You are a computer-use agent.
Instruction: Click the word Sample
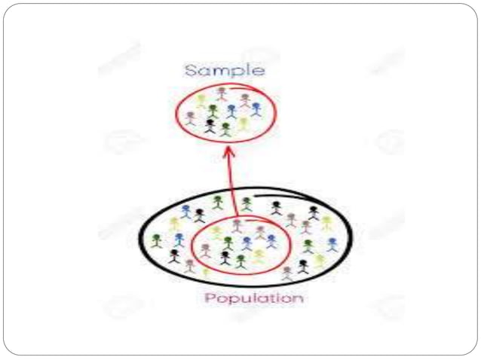pyautogui.click(x=225, y=71)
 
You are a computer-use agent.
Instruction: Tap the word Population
pyautogui.click(x=254, y=298)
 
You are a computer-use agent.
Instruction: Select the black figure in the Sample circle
pyautogui.click(x=210, y=126)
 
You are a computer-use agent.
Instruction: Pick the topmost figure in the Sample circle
pyautogui.click(x=222, y=93)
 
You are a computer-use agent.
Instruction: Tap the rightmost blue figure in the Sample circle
pyautogui.click(x=256, y=110)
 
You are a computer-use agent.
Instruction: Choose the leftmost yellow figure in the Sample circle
pyautogui.click(x=201, y=100)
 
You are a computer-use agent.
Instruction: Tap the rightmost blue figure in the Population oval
pyautogui.click(x=332, y=244)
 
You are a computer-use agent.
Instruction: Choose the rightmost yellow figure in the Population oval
pyautogui.click(x=326, y=222)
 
